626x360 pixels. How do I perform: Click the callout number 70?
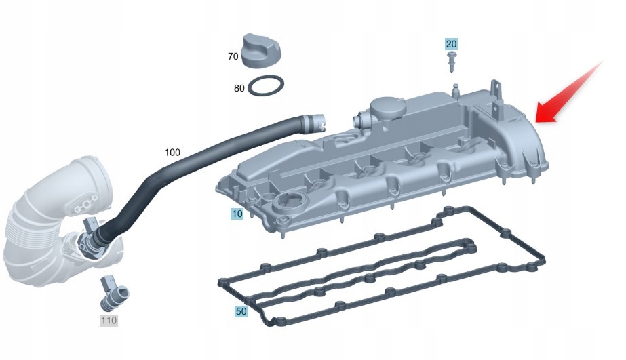(x=233, y=56)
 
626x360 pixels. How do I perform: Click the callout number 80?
(x=239, y=88)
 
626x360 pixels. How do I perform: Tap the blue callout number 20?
(x=451, y=44)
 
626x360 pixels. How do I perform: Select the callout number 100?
(x=172, y=152)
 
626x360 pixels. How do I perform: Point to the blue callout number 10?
(x=237, y=214)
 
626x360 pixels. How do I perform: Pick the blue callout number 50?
(x=241, y=312)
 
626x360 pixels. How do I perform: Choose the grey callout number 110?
(x=109, y=319)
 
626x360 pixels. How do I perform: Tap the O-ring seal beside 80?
(x=266, y=87)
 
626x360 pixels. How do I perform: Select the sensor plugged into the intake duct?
(x=92, y=234)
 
